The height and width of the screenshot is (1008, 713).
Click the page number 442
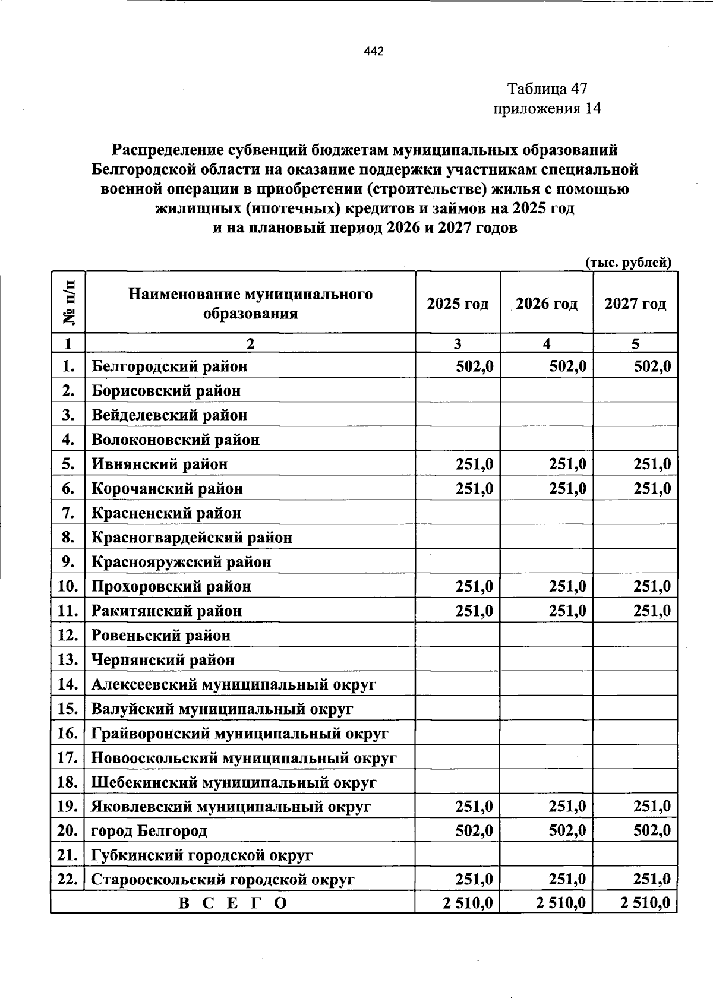point(374,51)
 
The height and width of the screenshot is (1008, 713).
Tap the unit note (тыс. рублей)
point(629,263)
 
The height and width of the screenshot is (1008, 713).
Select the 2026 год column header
point(547,304)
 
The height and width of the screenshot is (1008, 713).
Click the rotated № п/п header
point(68,302)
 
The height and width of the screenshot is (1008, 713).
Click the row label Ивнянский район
point(159,464)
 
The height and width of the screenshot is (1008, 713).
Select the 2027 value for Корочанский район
point(652,488)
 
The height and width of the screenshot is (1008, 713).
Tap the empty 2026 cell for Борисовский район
point(547,391)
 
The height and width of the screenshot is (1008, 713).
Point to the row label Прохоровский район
point(171,587)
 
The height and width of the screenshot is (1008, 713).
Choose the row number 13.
point(68,660)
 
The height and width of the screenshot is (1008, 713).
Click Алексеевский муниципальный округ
point(234,684)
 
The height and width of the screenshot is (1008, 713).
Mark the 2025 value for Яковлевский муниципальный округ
point(474,807)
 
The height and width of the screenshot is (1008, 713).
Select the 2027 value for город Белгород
point(652,830)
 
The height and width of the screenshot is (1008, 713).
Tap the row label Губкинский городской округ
point(201,855)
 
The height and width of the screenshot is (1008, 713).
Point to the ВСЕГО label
point(232,903)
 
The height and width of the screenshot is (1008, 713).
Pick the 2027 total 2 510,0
point(645,903)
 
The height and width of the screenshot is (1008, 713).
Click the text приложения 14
point(547,109)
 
